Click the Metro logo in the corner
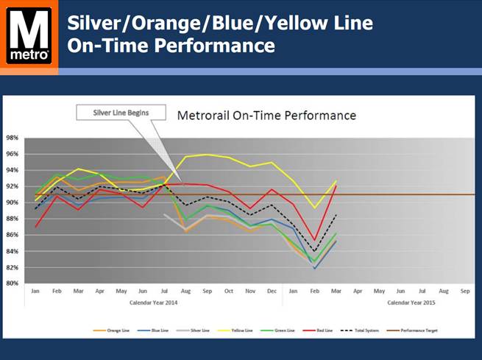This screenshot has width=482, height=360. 29,35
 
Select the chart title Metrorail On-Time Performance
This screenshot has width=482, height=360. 267,116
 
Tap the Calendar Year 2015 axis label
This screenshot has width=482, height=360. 411,303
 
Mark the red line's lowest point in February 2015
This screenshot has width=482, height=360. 314,241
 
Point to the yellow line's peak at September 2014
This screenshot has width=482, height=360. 207,155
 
